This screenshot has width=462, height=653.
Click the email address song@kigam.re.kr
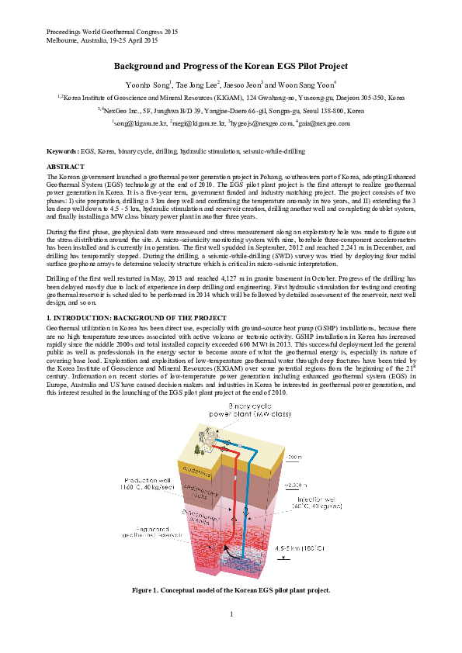[140, 123]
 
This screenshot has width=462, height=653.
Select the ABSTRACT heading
[65, 168]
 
